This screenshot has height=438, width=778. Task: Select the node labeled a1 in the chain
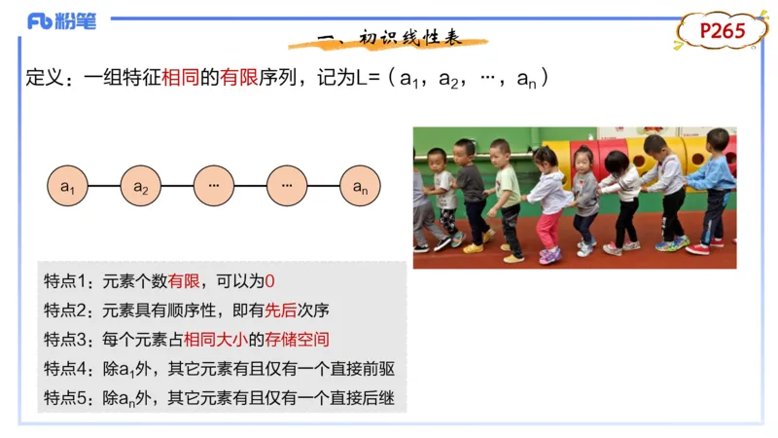(x=68, y=185)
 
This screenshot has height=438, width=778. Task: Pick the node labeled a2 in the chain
(x=141, y=185)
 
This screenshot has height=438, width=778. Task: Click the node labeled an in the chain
(x=360, y=185)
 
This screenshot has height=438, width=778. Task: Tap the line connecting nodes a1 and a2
(x=104, y=185)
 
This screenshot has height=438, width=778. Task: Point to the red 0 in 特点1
(x=270, y=281)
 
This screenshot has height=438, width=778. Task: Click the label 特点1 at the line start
(x=64, y=281)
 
